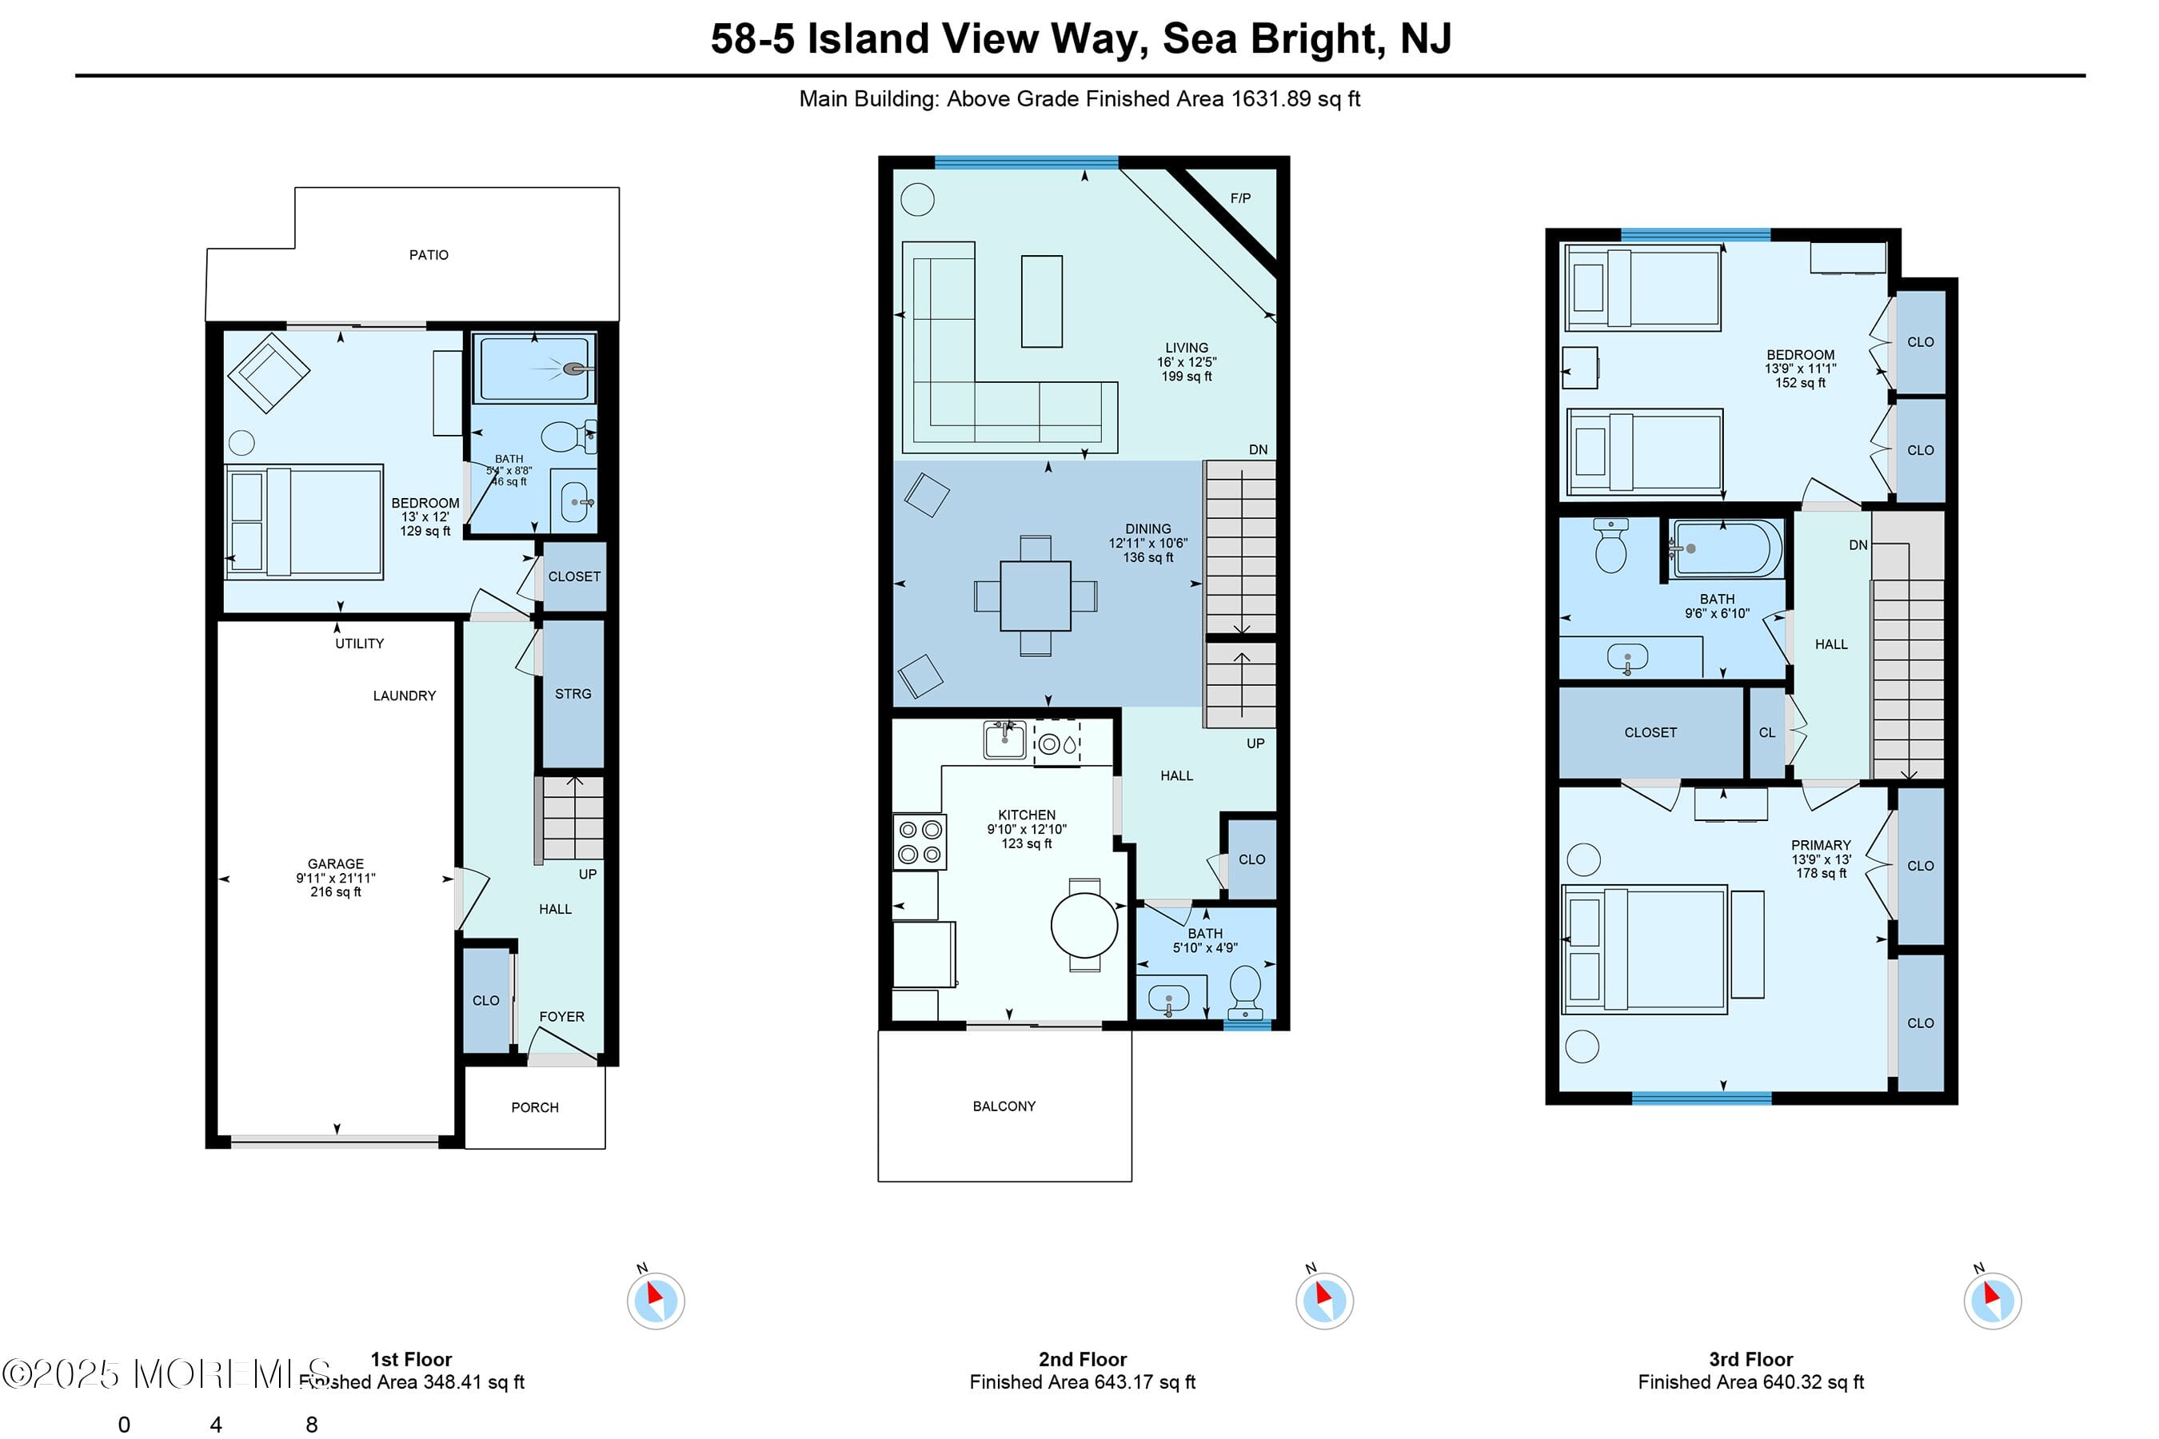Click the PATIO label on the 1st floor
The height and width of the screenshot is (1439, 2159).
[429, 255]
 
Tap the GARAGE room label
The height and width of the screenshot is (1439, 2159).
[335, 864]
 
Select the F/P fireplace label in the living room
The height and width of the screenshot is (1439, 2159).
[1240, 198]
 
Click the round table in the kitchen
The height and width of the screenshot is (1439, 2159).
[1084, 925]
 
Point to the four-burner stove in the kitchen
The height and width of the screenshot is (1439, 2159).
[920, 843]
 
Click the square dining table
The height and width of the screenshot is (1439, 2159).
[1036, 596]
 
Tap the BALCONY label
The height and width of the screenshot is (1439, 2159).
[1004, 1106]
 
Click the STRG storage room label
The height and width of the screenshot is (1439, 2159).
[573, 694]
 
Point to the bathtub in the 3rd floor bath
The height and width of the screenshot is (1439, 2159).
[1726, 548]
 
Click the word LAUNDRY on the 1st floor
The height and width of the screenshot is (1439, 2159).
[404, 696]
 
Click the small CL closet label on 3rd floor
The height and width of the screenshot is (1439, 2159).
[1766, 732]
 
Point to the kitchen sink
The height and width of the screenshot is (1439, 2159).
[1004, 739]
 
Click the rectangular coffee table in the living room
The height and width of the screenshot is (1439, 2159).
[1042, 301]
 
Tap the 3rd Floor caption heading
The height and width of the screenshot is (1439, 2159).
[1750, 1359]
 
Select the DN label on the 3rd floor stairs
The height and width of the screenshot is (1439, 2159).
[1858, 545]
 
